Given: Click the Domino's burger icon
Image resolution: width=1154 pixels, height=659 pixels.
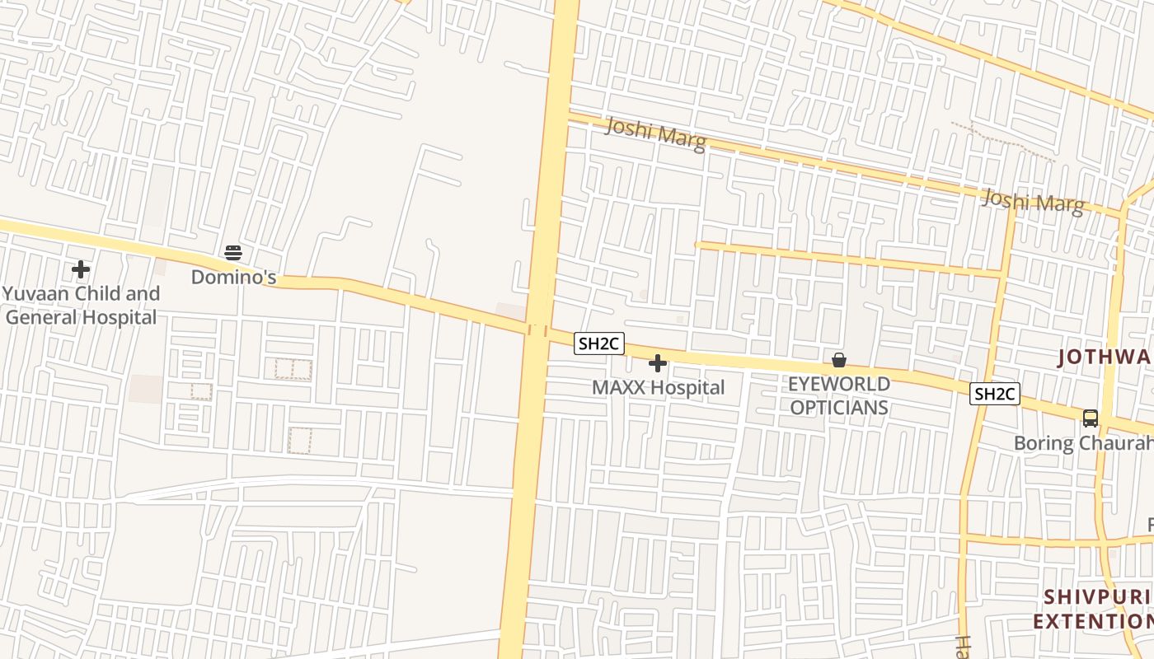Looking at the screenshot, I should click(x=233, y=253).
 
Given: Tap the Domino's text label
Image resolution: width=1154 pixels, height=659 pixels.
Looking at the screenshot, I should click(x=233, y=277).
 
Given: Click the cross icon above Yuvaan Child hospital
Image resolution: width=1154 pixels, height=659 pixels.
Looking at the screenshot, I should click(x=81, y=269).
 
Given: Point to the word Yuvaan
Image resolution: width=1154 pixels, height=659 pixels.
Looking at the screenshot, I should click(x=40, y=294).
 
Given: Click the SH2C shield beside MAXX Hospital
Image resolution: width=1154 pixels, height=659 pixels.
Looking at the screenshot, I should click(x=599, y=344).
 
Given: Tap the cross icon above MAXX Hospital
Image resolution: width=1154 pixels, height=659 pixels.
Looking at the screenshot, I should click(x=658, y=362).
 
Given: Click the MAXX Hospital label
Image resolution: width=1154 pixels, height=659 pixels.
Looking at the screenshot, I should click(x=659, y=387).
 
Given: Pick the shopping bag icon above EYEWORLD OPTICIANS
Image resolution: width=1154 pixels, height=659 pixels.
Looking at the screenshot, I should click(x=839, y=360).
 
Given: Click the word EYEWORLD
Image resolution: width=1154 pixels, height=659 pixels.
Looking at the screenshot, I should click(x=839, y=384).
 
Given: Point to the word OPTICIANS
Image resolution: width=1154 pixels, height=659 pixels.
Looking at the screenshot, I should click(x=839, y=407).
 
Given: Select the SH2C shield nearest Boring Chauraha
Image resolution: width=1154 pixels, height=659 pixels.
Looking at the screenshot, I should click(x=995, y=394).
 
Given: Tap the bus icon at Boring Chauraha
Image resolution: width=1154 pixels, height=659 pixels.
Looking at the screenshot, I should click(x=1091, y=418).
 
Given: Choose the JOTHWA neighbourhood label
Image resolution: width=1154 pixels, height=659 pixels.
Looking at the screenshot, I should click(x=1105, y=357).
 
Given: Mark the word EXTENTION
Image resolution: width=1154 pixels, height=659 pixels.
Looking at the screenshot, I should click(x=1093, y=620).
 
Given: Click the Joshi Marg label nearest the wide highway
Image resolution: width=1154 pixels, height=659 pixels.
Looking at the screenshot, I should click(x=655, y=134).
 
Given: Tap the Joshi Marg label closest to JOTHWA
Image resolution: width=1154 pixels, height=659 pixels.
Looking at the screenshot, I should click(x=1033, y=201).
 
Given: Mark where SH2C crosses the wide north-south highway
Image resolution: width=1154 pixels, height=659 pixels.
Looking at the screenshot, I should click(x=537, y=330).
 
